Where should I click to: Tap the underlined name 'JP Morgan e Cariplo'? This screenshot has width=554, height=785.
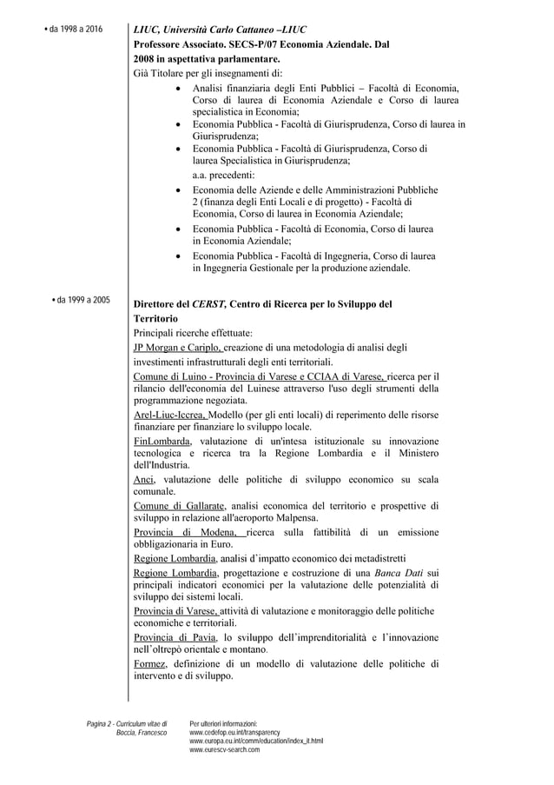[x=171, y=348]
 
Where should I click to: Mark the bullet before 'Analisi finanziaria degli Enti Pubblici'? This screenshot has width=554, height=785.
[x=179, y=89]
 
